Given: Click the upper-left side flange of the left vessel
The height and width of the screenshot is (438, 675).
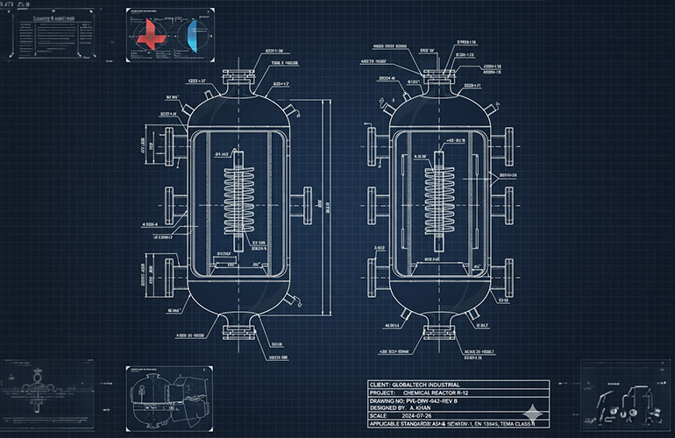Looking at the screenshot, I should (167, 145).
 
